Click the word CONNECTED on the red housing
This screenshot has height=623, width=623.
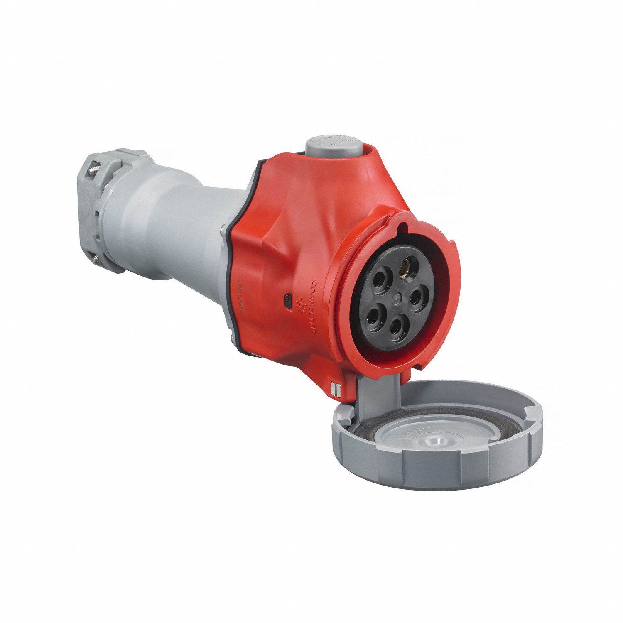coord(314,305)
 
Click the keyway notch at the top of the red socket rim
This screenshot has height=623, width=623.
coord(403,227)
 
